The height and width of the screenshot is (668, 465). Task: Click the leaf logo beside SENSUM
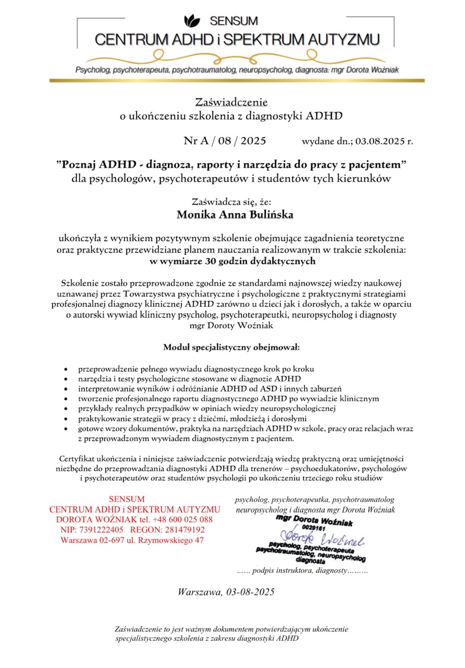[x=192, y=21]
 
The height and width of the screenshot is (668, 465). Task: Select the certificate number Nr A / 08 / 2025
[x=225, y=141]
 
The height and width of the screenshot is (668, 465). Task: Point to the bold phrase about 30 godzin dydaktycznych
[x=232, y=260]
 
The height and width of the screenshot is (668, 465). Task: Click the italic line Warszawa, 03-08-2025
[x=226, y=592]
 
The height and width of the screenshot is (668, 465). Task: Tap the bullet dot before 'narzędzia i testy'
[x=65, y=378]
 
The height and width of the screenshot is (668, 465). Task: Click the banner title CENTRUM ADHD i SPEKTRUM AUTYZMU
[x=237, y=39]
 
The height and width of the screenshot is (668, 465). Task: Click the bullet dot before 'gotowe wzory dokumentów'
[x=65, y=428]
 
